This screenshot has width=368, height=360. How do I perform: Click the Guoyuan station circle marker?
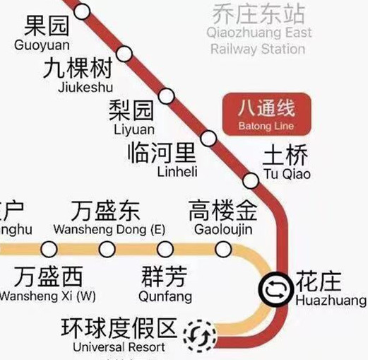click(83, 11)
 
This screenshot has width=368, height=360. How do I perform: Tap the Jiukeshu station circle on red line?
click(125, 53)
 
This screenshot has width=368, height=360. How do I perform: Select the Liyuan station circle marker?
click(167, 95)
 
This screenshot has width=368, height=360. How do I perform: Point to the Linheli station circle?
click(209, 137)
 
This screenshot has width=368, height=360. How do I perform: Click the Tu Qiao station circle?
click(251, 178)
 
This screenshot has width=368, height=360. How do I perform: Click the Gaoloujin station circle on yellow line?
click(223, 248)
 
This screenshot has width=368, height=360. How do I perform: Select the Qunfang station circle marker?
click(165, 248)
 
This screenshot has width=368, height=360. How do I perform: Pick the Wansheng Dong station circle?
click(107, 248)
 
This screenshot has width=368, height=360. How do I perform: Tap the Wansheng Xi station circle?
click(49, 248)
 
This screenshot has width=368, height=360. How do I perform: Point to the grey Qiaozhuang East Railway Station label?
click(258, 32)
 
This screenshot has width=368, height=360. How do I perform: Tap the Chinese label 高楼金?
click(224, 211)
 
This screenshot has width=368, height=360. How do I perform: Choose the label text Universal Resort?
click(119, 347)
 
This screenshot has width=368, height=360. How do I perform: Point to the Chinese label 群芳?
click(165, 276)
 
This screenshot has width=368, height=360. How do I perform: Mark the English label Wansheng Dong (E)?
click(109, 230)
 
